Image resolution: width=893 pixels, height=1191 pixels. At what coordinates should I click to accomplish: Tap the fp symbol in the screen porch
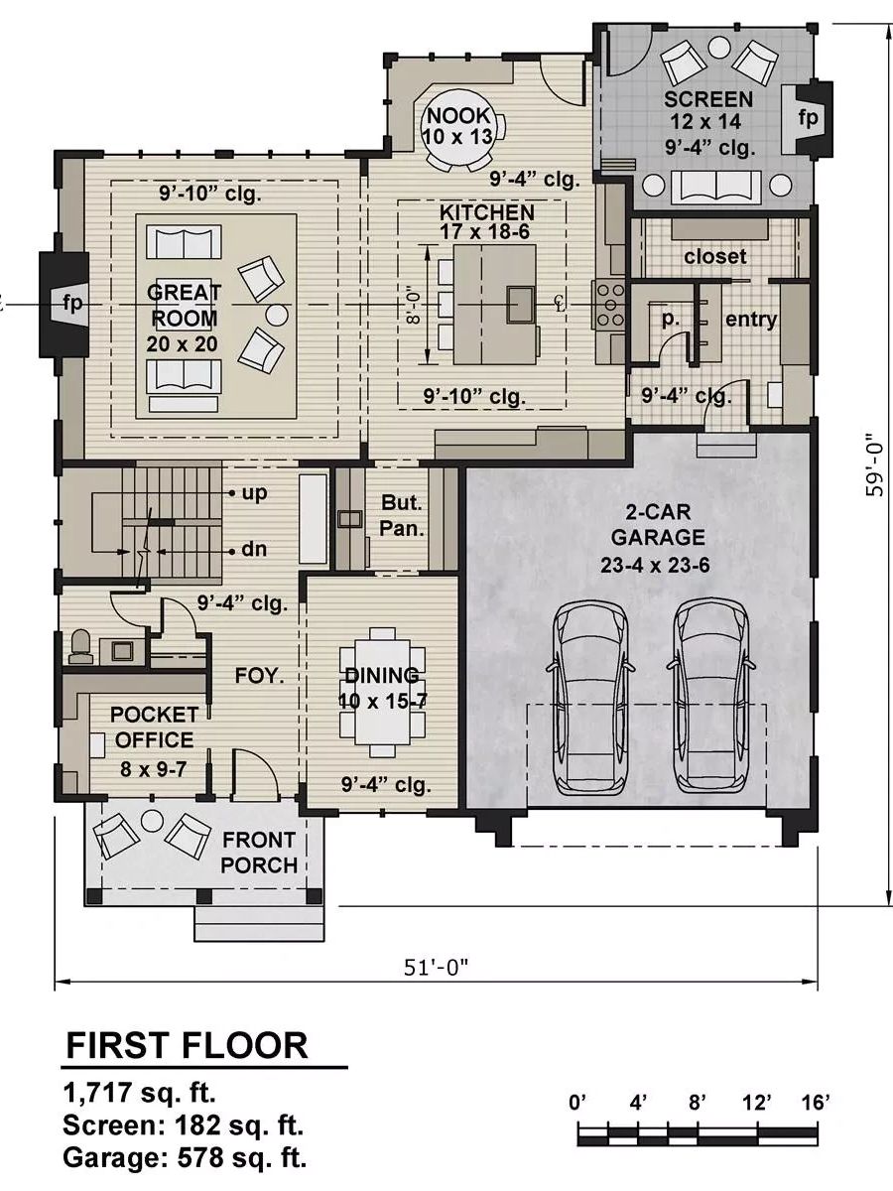pyautogui.click(x=808, y=117)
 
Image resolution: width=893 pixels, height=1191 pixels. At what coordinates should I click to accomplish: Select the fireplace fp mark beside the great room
pyautogui.click(x=72, y=304)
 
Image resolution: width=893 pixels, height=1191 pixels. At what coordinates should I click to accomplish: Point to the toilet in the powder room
pyautogui.click(x=80, y=646)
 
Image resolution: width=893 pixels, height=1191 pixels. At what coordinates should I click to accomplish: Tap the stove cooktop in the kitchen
pyautogui.click(x=610, y=305)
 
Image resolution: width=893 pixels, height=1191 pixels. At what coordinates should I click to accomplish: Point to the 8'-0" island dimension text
pyautogui.click(x=414, y=305)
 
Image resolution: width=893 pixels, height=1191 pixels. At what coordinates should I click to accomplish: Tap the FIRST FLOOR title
pyautogui.click(x=187, y=1045)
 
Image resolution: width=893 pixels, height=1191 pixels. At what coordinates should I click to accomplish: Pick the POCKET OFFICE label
pyautogui.click(x=154, y=728)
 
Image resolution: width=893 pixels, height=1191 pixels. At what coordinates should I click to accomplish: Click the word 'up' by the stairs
pyautogui.click(x=254, y=493)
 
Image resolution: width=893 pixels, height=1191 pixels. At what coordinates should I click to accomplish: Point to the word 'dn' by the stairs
pyautogui.click(x=254, y=550)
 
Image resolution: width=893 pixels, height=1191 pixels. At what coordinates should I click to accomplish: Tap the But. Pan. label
pyautogui.click(x=402, y=515)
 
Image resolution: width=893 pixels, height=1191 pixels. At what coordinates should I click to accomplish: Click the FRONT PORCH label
pyautogui.click(x=259, y=853)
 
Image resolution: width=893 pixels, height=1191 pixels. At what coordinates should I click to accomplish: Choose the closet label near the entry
pyautogui.click(x=714, y=256)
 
